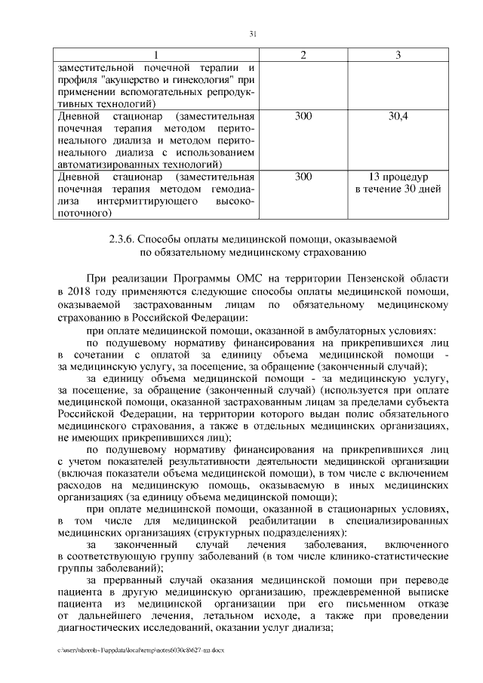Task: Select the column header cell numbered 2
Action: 303,55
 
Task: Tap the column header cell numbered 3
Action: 398,55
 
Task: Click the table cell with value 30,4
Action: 398,117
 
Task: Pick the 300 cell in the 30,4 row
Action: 303,117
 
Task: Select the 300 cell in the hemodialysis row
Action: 303,177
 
